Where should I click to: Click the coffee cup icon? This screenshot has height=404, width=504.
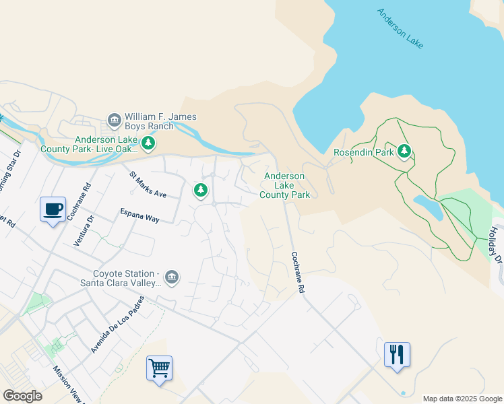[x=53, y=209]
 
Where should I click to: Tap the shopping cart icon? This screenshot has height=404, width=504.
[x=159, y=368]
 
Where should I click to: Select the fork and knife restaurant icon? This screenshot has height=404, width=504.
[x=397, y=354]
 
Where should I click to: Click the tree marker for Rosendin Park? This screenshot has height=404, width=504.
[x=404, y=151]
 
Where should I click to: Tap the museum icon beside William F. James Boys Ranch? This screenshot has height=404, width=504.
[x=114, y=121]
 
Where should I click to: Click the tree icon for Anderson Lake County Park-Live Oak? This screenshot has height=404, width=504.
[x=148, y=143]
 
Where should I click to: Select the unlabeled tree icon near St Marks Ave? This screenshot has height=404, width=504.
[x=200, y=191]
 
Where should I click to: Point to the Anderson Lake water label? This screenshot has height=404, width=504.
[x=400, y=28]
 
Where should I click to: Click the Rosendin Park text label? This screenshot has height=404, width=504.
[x=363, y=152]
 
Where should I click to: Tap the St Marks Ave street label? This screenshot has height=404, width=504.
[x=148, y=184]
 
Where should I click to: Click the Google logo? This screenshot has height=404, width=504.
[x=22, y=396]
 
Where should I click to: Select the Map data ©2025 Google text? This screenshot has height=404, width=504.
[x=462, y=399]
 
